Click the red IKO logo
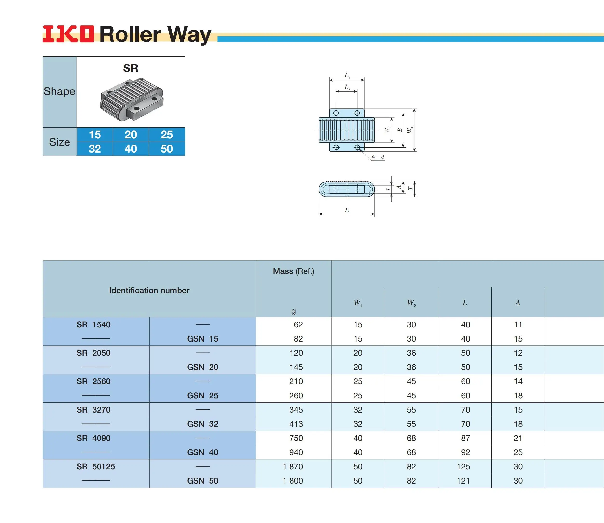pyautogui.click(x=68, y=34)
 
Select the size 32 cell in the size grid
pyautogui.click(x=95, y=149)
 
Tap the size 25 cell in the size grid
pyautogui.click(x=167, y=135)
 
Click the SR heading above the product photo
pyautogui.click(x=130, y=68)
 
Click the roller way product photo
pyautogui.click(x=132, y=99)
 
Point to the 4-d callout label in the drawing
pyautogui.click(x=378, y=157)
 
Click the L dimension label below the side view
pyautogui.click(x=347, y=210)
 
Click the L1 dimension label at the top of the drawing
pyautogui.click(x=347, y=75)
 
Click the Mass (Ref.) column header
pyautogui.click(x=293, y=271)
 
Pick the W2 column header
pyautogui.click(x=411, y=303)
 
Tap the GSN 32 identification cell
pyautogui.click(x=202, y=424)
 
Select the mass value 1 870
pyautogui.click(x=293, y=466)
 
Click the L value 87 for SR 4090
pyautogui.click(x=465, y=438)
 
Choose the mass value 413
pyautogui.click(x=296, y=424)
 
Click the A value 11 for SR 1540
pyautogui.click(x=518, y=324)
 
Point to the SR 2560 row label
pyautogui.click(x=93, y=381)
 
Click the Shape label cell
pyautogui.click(x=59, y=91)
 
